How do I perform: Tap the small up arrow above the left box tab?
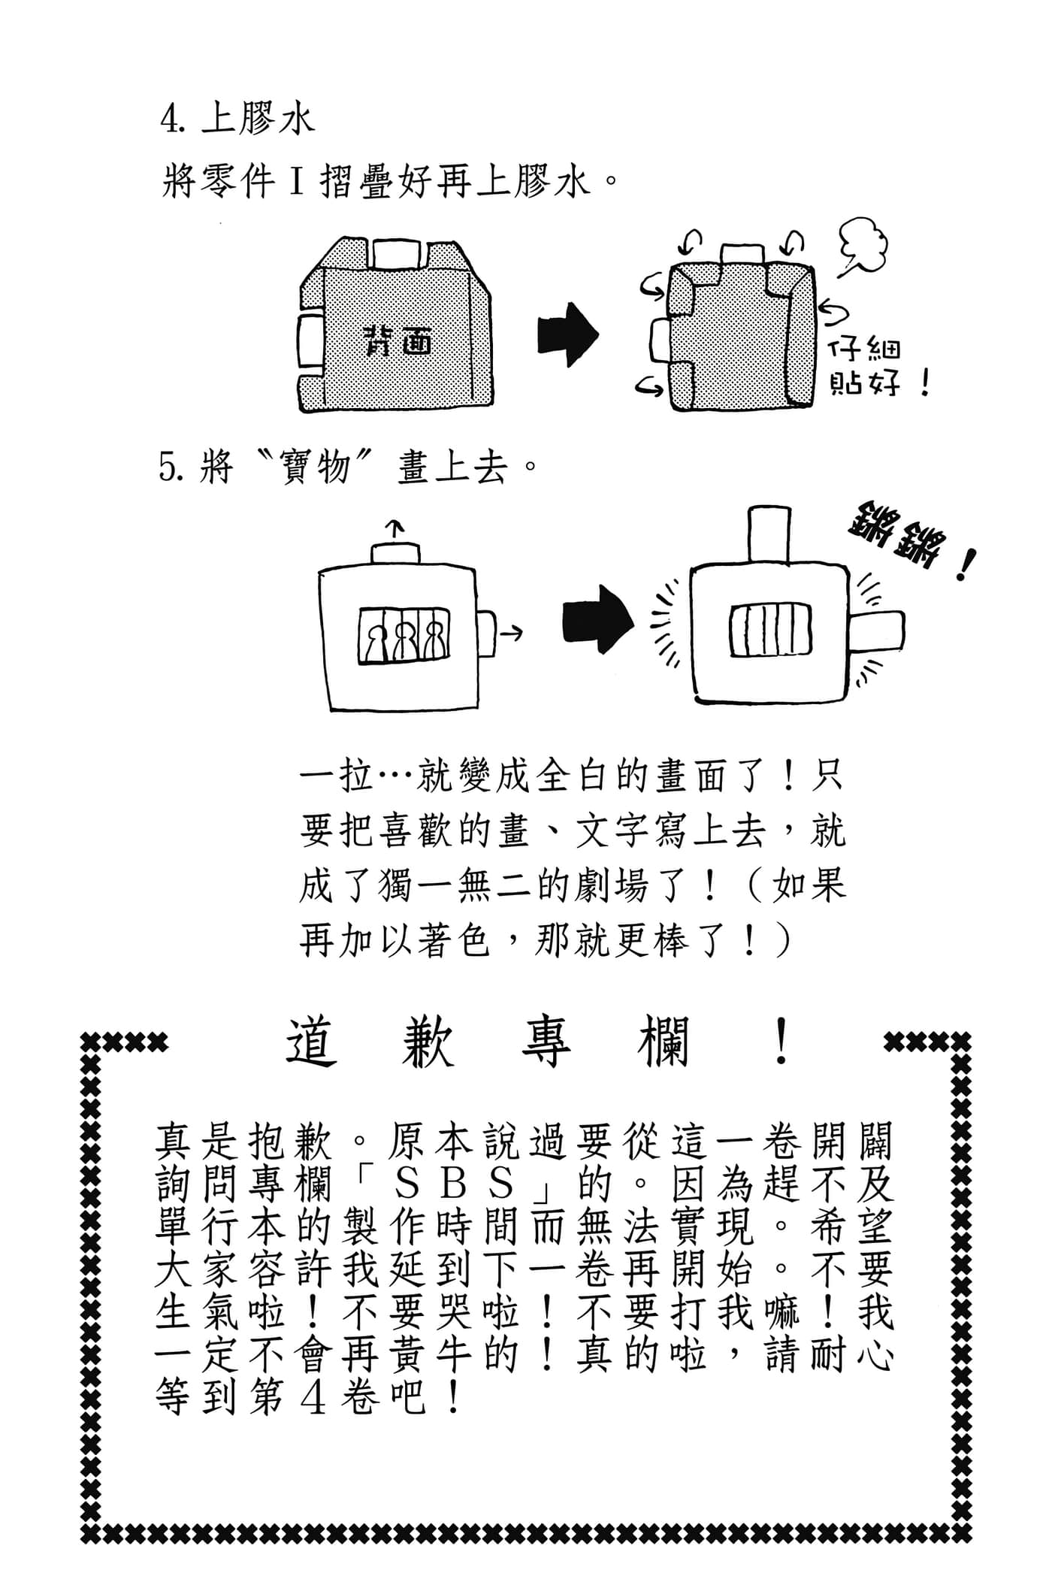(398, 528)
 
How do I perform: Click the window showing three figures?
(404, 636)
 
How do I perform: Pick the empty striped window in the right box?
(771, 631)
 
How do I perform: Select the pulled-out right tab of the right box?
(878, 631)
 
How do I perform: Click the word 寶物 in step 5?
(315, 468)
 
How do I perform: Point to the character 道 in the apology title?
(310, 1043)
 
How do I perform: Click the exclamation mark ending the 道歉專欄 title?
(781, 1042)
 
